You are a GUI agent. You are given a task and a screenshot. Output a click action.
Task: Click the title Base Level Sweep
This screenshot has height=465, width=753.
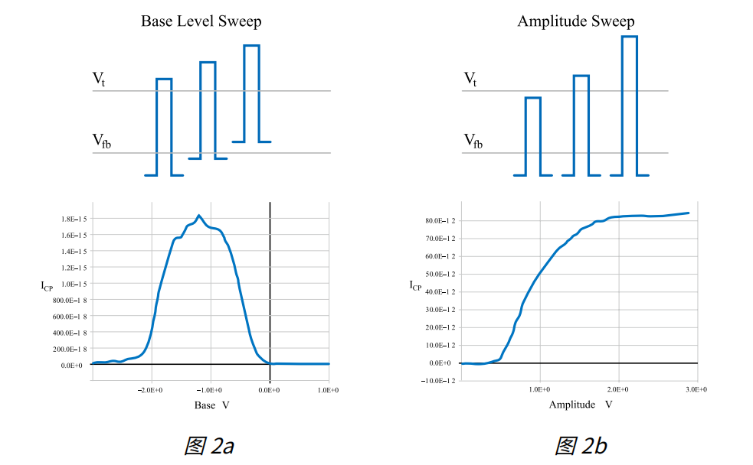[x=201, y=21]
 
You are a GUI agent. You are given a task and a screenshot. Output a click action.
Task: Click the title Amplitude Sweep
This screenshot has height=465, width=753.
[x=575, y=21]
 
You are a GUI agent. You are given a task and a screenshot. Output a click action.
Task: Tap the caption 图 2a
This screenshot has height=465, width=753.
[x=208, y=446]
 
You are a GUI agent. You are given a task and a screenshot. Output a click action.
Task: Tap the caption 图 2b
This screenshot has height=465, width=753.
[x=581, y=446]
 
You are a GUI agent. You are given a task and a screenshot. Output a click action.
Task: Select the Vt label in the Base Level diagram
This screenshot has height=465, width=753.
[x=99, y=78]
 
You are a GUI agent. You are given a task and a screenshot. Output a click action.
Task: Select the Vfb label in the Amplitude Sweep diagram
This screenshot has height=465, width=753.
[x=473, y=141]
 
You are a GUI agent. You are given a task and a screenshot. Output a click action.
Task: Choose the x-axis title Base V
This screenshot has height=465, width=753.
[x=211, y=405]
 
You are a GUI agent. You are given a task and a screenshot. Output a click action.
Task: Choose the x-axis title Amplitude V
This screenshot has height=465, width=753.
[x=581, y=405]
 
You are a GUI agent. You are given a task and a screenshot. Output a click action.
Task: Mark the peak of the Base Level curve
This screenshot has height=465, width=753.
[x=198, y=216]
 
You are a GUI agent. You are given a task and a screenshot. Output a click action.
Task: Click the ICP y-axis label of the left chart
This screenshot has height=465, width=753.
[x=47, y=286]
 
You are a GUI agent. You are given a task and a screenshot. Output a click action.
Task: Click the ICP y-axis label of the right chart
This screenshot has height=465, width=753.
[x=415, y=286]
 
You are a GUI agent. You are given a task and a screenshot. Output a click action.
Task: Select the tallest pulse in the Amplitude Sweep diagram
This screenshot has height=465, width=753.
[x=629, y=105]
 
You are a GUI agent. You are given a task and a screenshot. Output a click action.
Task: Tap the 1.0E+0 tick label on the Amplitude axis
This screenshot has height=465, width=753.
[x=540, y=390]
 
